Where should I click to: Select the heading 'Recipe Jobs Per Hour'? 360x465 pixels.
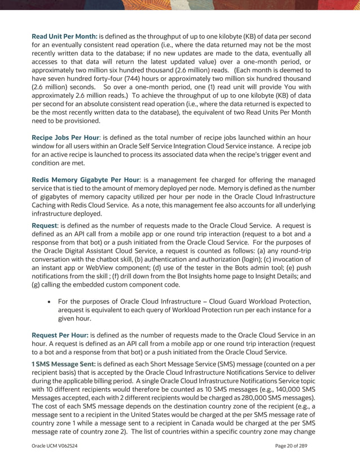pos(65,138)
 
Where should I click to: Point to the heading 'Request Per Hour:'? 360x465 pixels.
pos(60,335)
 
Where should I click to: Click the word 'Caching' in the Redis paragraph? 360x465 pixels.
pos(46,205)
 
